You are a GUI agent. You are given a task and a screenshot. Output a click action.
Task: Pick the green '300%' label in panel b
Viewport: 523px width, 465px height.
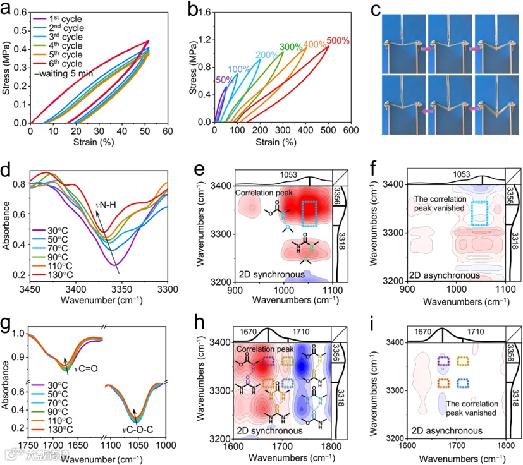[290, 47]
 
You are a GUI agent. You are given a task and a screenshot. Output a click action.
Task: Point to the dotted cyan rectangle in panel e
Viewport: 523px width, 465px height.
[311, 213]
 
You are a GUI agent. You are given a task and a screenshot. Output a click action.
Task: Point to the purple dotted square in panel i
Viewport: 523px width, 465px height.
[443, 361]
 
